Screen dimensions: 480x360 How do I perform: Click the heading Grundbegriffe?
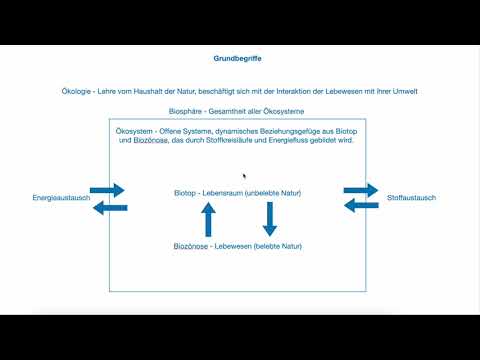tap(238, 59)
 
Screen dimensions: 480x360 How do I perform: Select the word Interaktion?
tap(291, 91)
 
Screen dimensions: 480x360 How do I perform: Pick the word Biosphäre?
tap(189, 111)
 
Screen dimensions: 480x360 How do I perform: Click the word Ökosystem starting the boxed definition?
tap(136, 130)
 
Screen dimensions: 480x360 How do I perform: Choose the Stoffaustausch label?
tap(411, 198)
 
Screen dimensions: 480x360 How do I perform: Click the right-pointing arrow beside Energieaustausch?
tap(106, 189)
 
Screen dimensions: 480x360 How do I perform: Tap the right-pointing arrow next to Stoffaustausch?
tap(361, 189)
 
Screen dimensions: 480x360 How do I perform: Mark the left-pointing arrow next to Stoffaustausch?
tap(361, 206)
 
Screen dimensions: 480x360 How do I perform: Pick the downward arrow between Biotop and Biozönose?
tap(269, 217)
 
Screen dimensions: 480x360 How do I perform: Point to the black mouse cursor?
tap(244, 176)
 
